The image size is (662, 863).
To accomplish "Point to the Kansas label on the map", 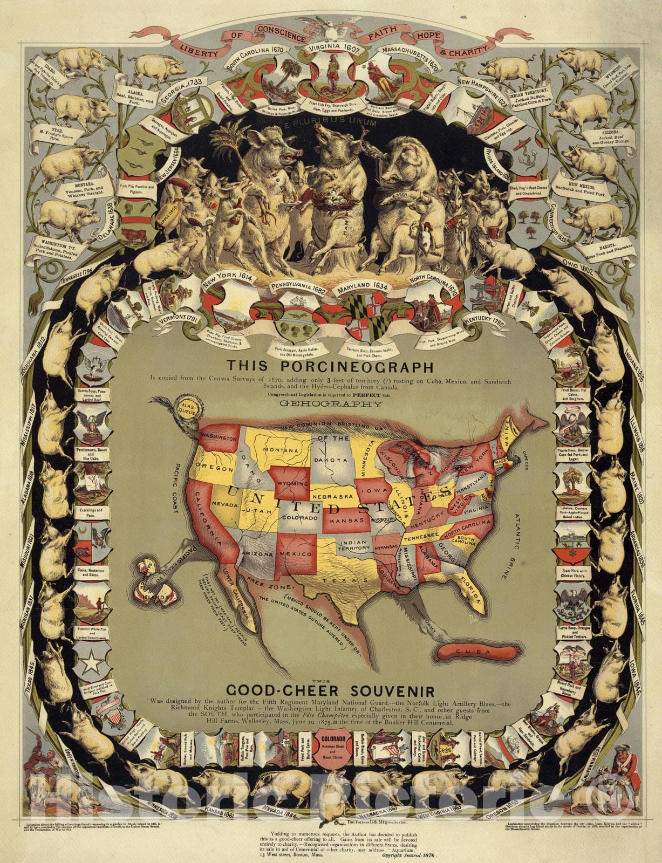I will pyautogui.click(x=346, y=522).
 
